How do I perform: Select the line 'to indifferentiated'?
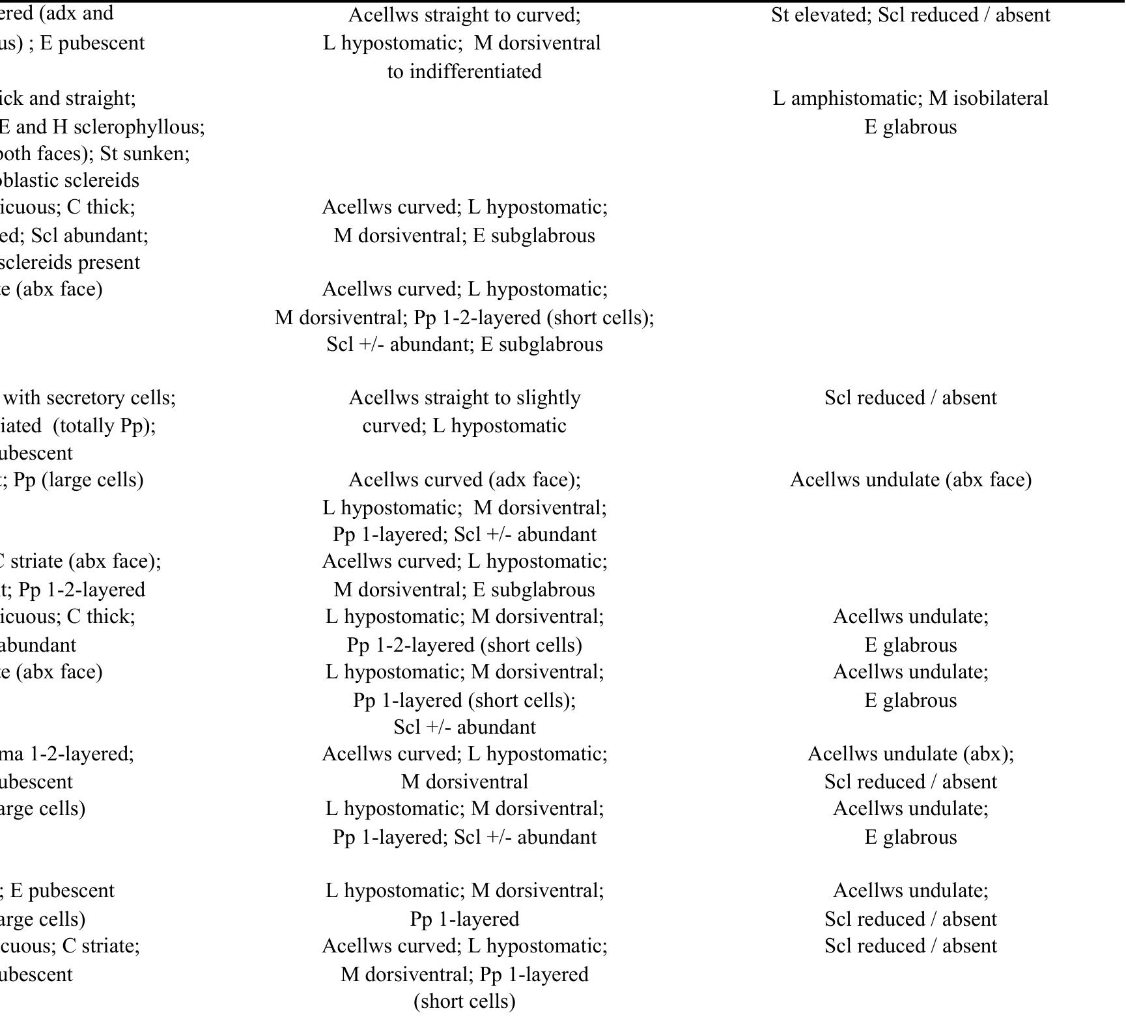(x=464, y=71)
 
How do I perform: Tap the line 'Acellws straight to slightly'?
(x=464, y=398)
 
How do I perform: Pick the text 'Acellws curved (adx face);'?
(x=464, y=480)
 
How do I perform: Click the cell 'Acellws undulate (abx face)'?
(x=910, y=480)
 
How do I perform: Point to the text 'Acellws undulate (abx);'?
(x=910, y=754)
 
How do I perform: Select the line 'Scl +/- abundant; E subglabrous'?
(x=464, y=344)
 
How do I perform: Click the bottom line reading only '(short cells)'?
(x=464, y=1001)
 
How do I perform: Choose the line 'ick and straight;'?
(x=68, y=98)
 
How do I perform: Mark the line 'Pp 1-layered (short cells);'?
(x=464, y=700)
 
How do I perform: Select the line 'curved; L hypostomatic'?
(x=464, y=426)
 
